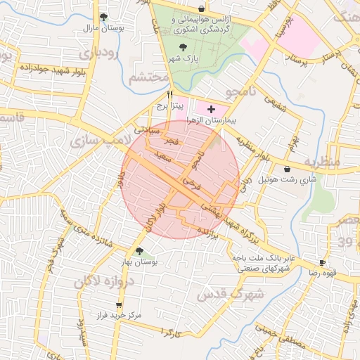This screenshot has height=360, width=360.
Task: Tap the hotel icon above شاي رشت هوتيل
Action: coord(288,169)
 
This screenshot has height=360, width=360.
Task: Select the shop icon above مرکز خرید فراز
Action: coord(118,305)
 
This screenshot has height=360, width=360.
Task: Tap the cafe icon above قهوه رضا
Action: coord(323,261)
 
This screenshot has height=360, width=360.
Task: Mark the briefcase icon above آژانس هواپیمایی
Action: coord(202,8)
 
